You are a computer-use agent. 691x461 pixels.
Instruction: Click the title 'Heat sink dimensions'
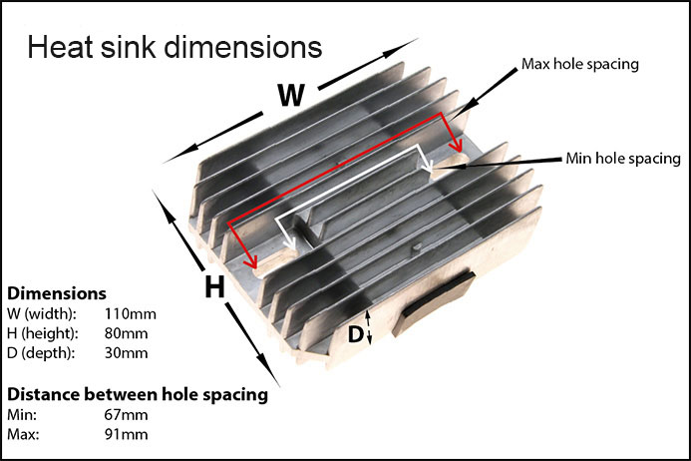tap(173, 48)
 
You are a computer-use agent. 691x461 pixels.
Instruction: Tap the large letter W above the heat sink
tap(290, 96)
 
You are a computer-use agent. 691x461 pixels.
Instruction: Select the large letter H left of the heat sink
tap(213, 287)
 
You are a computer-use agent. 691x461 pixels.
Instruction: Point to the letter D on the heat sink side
tap(355, 334)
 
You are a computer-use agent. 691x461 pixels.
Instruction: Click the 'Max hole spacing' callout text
tap(579, 65)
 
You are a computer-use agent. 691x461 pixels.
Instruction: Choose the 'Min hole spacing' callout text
tap(622, 158)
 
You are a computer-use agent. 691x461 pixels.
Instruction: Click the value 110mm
tap(130, 314)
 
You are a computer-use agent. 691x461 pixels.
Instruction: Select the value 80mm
tap(127, 333)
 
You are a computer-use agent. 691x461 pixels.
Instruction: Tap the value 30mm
tap(127, 352)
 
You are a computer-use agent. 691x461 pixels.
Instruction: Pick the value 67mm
tap(127, 414)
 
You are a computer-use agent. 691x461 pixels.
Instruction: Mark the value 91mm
tap(127, 434)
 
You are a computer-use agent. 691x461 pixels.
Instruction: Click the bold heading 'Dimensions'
tap(57, 294)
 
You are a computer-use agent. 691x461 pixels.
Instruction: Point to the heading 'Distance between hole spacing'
tap(138, 394)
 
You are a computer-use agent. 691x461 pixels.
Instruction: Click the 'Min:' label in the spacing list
tap(22, 414)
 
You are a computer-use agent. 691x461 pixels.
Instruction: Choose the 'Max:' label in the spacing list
tap(23, 434)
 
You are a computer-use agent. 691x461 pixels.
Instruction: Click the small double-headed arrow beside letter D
tap(371, 327)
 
